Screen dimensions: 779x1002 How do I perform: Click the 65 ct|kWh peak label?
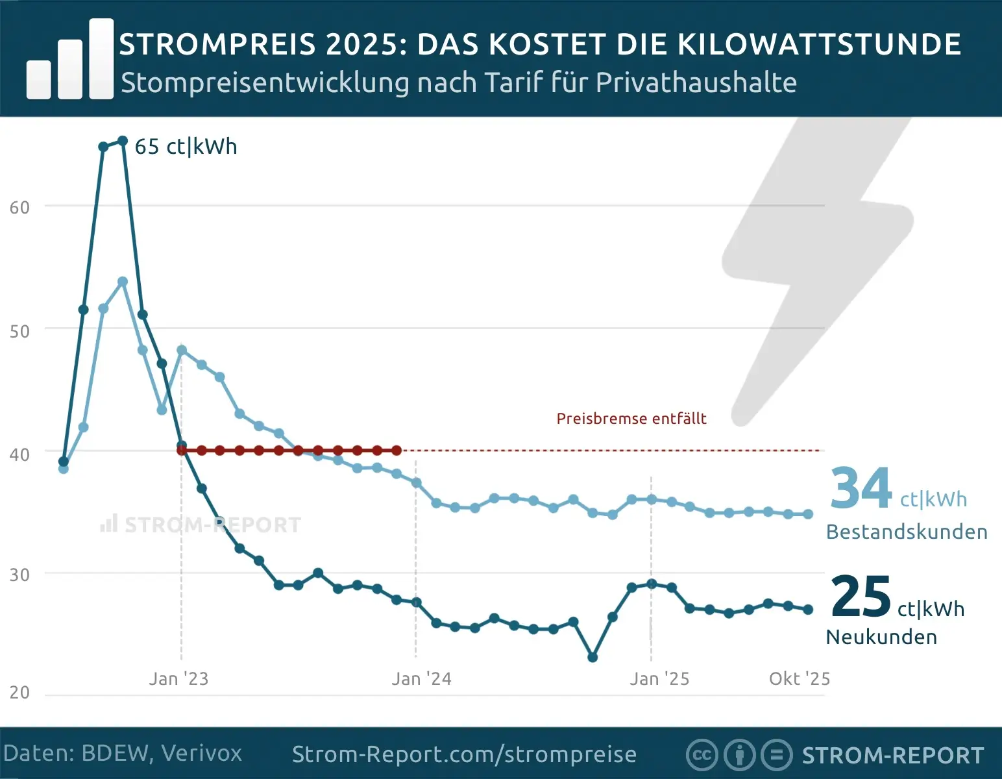point(186,147)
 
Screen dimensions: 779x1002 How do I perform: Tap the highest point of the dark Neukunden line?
point(123,141)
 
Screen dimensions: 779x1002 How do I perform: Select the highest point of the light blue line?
point(123,282)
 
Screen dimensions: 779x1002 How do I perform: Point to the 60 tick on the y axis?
point(19,208)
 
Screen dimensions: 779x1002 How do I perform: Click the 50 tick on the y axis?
point(19,331)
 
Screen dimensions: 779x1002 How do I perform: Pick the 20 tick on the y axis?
point(19,692)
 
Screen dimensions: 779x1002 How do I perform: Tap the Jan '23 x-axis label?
point(178,679)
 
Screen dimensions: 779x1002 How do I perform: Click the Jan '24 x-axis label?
point(421,679)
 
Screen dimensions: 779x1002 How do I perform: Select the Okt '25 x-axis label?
point(799,679)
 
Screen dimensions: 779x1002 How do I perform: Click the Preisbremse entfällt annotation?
point(631,419)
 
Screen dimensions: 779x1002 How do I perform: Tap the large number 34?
point(861,489)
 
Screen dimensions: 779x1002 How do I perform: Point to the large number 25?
point(861,597)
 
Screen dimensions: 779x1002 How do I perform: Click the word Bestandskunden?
point(906,532)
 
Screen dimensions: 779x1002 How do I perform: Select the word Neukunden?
point(881,637)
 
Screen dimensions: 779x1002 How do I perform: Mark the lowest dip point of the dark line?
point(593,658)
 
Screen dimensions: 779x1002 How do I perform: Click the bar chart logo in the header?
point(70,60)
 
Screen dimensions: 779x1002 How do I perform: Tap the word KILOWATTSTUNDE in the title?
point(819,45)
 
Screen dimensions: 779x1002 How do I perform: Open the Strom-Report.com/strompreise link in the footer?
point(464,754)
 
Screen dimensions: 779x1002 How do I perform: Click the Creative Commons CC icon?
point(702,755)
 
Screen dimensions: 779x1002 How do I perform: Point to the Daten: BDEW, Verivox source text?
point(123,754)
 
